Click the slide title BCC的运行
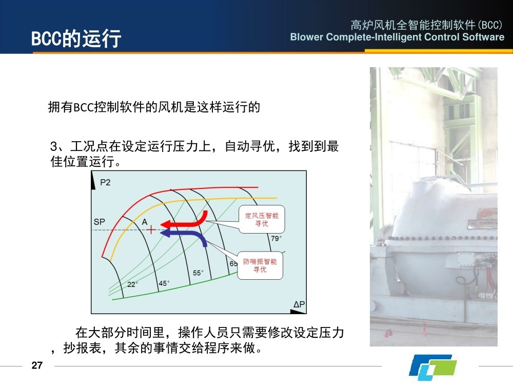[x=76, y=38]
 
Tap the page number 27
[x=37, y=365]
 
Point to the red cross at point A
[x=151, y=230]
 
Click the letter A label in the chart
[x=145, y=222]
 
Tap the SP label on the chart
[x=99, y=222]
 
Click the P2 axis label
[x=105, y=182]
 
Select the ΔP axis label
[x=299, y=304]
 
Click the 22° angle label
[x=132, y=284]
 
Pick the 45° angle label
[x=164, y=283]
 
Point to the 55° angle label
[x=198, y=273]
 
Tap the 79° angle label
[x=276, y=238]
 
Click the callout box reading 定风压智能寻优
[x=262, y=219]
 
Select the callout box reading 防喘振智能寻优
[x=260, y=265]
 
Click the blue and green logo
[x=432, y=365]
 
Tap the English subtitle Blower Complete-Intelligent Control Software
[x=397, y=37]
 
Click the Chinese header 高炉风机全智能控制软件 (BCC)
[x=426, y=25]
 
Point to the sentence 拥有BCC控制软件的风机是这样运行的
[x=154, y=107]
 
